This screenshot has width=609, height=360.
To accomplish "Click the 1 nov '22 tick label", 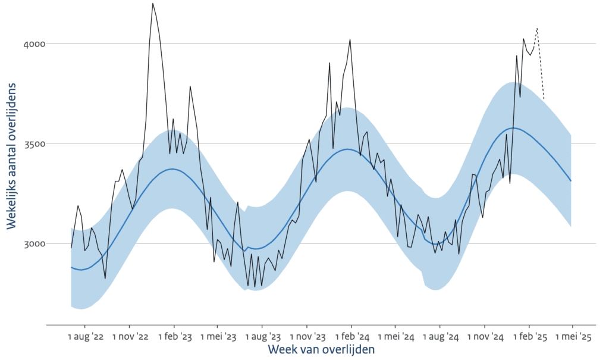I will click(130, 337).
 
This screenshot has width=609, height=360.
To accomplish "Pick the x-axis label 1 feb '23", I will click(174, 337).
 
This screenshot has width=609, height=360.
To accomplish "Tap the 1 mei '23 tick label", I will click(218, 337).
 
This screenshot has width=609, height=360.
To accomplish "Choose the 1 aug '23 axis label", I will click(262, 337).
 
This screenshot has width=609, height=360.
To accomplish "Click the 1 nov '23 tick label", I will click(307, 337).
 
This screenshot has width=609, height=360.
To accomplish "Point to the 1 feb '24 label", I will click(351, 337).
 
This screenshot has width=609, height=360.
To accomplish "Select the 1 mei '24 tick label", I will click(395, 337).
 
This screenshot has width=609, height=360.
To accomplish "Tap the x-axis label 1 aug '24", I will click(440, 337).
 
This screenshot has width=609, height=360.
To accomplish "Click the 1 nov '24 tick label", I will click(484, 337).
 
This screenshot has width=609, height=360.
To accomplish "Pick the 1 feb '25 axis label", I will click(529, 337).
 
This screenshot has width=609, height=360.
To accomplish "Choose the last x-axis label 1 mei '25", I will click(572, 337).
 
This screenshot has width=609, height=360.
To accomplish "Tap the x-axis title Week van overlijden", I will click(321, 350).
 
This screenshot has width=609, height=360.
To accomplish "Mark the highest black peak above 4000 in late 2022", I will click(153, 4).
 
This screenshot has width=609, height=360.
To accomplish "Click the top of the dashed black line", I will click(537, 27).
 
